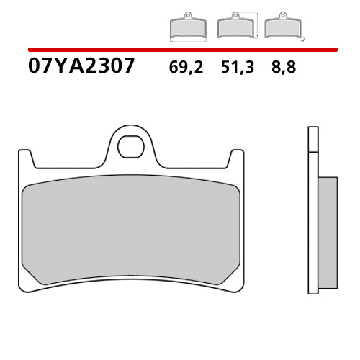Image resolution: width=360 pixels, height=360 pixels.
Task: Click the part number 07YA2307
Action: click(x=81, y=66)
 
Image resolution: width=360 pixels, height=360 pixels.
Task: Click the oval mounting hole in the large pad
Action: click(x=130, y=146)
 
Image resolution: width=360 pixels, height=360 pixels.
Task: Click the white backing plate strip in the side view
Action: click(x=312, y=230)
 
